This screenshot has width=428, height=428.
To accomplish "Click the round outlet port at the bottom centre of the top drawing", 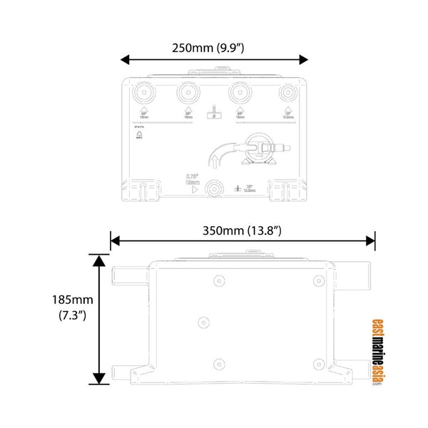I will click(x=213, y=188).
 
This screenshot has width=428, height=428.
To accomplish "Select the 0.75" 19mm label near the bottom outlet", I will click(x=192, y=180).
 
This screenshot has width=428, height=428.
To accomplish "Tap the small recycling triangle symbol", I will click(x=141, y=135).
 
